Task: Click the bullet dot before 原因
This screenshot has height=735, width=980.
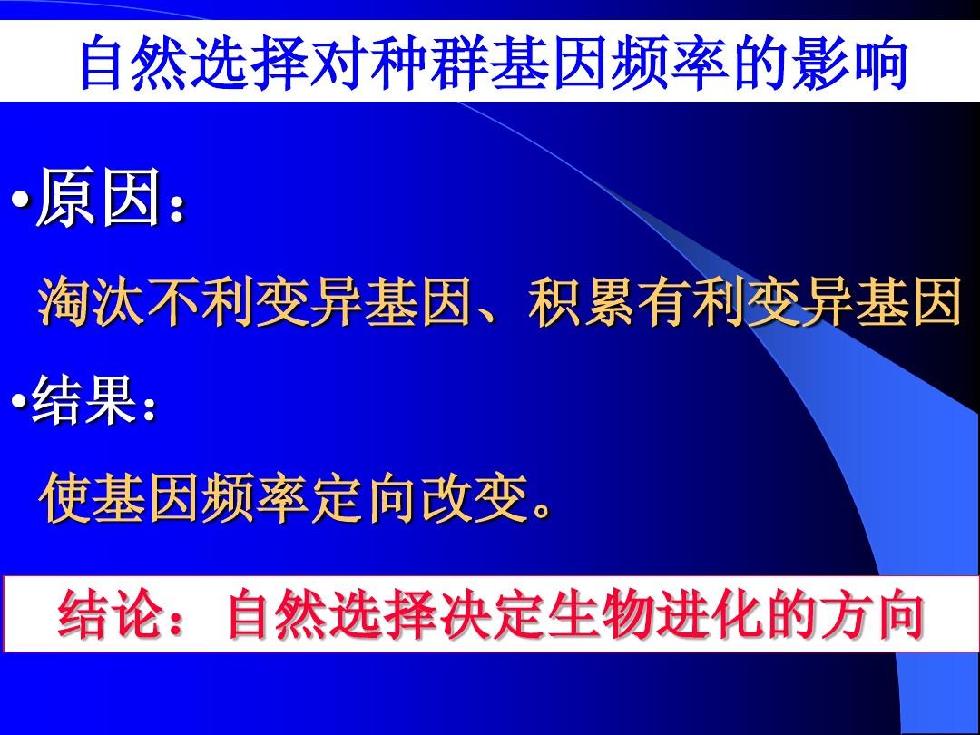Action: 21,201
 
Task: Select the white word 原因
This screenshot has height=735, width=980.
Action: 99,197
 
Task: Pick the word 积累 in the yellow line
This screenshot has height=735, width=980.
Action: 582,302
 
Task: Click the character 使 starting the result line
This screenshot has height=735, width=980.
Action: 65,498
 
